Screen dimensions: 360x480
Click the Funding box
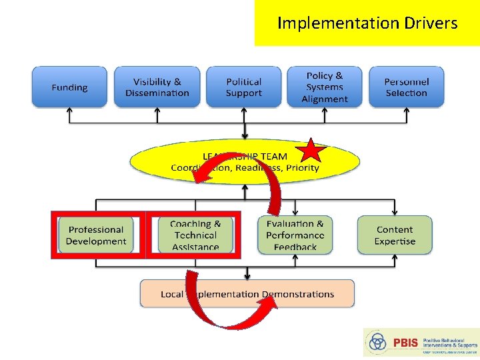[x=69, y=87]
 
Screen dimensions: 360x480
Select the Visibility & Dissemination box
[x=157, y=87]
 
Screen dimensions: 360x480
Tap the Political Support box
[x=244, y=87]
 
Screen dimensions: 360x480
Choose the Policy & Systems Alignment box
[x=325, y=87]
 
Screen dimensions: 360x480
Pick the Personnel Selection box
[x=406, y=87]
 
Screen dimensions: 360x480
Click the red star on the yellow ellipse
[x=311, y=152]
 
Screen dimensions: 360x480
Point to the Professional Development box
[x=96, y=235]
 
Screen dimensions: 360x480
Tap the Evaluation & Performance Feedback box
[x=295, y=235]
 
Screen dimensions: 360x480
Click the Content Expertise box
[x=395, y=235]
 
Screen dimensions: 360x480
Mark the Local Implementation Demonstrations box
[x=247, y=294]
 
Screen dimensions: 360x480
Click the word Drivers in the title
[x=431, y=23]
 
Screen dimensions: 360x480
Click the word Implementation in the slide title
[x=338, y=23]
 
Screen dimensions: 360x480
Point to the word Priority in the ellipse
[x=303, y=168]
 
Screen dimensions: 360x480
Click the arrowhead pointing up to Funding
[x=69, y=112]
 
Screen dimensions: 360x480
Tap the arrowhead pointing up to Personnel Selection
[x=406, y=112]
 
